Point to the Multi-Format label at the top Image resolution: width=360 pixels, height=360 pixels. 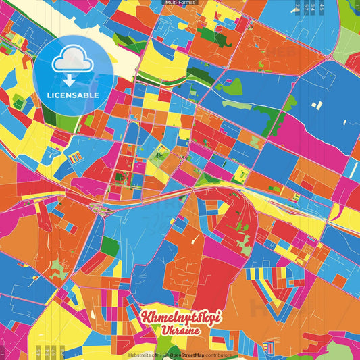[x=180, y=3]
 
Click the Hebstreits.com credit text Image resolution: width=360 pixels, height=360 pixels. [x=145, y=355]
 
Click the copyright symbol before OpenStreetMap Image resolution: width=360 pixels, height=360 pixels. [x=167, y=355]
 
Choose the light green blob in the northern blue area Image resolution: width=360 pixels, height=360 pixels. [x=232, y=86]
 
